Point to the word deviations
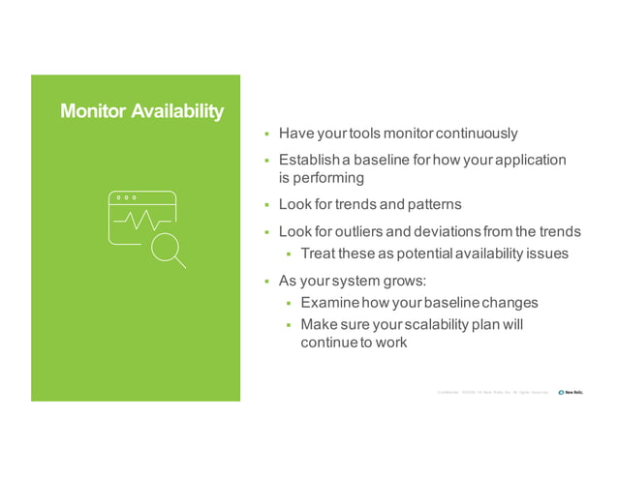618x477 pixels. click(x=453, y=232)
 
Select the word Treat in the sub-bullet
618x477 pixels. click(x=320, y=253)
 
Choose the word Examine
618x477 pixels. click(x=331, y=302)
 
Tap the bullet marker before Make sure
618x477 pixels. click(x=289, y=325)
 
